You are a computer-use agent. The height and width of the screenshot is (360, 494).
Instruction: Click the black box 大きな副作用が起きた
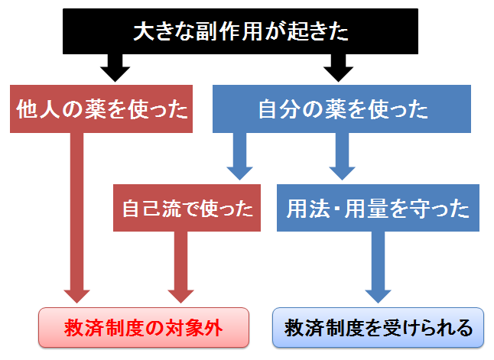pyautogui.click(x=240, y=31)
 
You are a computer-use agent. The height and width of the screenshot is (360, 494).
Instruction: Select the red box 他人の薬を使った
pyautogui.click(x=101, y=109)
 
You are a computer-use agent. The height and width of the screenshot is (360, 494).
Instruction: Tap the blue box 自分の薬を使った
pyautogui.click(x=342, y=109)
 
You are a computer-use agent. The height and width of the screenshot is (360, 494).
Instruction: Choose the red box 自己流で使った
pyautogui.click(x=187, y=208)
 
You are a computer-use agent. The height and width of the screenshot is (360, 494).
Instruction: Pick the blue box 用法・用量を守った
pyautogui.click(x=378, y=208)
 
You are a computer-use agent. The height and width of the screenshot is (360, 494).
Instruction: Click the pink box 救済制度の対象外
pyautogui.click(x=144, y=328)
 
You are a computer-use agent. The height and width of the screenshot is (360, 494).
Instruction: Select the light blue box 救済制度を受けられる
pyautogui.click(x=378, y=328)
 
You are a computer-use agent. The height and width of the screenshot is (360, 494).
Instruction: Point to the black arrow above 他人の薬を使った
pyautogui.click(x=115, y=68)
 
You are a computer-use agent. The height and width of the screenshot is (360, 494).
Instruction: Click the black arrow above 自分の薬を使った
pyautogui.click(x=338, y=68)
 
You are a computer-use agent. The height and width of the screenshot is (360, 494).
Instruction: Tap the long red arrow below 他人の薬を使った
pyautogui.click(x=77, y=218)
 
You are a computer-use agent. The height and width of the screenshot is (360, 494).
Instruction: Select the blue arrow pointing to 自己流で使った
pyautogui.click(x=239, y=157)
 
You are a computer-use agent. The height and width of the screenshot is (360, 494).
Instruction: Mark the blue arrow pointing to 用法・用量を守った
pyautogui.click(x=342, y=157)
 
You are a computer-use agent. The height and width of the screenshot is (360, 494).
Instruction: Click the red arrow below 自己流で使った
pyautogui.click(x=180, y=268)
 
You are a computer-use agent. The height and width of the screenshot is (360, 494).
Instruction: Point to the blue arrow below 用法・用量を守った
pyautogui.click(x=378, y=268)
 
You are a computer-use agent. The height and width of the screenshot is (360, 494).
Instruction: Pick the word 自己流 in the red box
pyautogui.click(x=152, y=208)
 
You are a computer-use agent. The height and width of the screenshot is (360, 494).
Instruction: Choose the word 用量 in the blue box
pyautogui.click(x=366, y=208)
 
